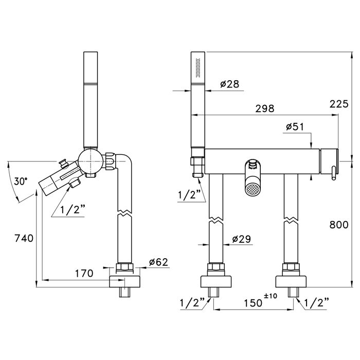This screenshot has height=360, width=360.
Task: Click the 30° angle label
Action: (21, 182)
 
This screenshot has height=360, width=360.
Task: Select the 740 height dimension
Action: (24, 238)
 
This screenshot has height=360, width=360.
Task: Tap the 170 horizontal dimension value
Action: (84, 273)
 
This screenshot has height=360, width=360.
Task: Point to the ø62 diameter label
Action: (158, 262)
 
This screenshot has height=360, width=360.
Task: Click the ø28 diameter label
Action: (229, 84)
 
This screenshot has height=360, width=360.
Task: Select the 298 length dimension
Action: (265, 109)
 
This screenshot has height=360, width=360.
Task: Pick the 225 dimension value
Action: (339, 104)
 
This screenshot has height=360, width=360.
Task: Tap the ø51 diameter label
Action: (295, 127)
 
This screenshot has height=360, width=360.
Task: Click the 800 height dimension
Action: (339, 225)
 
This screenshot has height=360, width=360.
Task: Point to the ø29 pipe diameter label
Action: (242, 239)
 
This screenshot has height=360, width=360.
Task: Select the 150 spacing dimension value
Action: (253, 303)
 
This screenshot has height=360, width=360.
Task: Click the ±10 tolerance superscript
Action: (271, 296)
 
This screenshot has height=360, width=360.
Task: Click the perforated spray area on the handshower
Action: (197, 68)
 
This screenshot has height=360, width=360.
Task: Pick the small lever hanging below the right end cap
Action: (333, 174)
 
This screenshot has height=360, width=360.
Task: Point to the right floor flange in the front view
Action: (291, 281)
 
